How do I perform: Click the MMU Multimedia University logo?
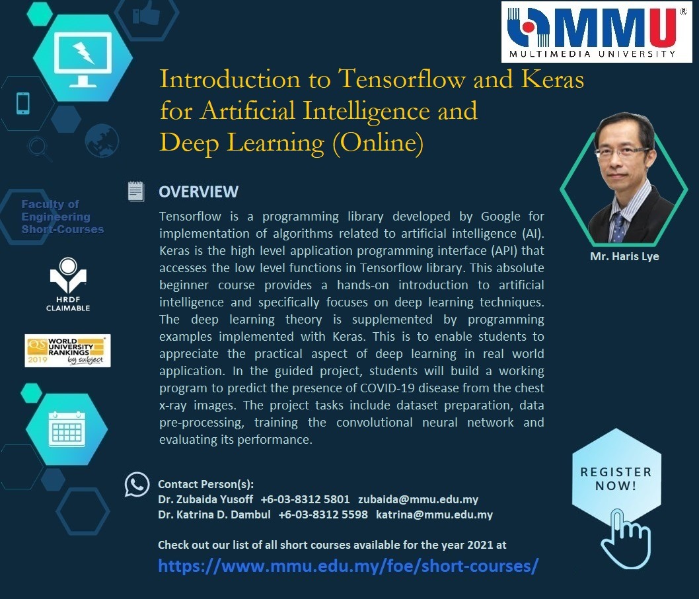pyautogui.click(x=597, y=32)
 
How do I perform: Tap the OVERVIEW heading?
pyautogui.click(x=198, y=192)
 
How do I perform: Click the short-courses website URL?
pyautogui.click(x=348, y=565)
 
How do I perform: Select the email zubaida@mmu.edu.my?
pyautogui.click(x=418, y=500)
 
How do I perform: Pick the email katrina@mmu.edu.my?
pyautogui.click(x=434, y=514)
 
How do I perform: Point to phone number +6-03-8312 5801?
pyautogui.click(x=305, y=500)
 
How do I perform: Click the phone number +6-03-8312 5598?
pyautogui.click(x=323, y=514)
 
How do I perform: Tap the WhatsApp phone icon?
pyautogui.click(x=137, y=485)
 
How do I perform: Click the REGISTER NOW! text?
pyautogui.click(x=616, y=479)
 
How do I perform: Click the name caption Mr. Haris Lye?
pyautogui.click(x=624, y=256)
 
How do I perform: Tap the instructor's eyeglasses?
pyautogui.click(x=622, y=151)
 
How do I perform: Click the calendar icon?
pyautogui.click(x=67, y=429)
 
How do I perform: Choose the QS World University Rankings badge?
pyautogui.click(x=67, y=351)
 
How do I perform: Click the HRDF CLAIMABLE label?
pyautogui.click(x=68, y=304)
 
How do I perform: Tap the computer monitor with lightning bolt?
pyautogui.click(x=83, y=59)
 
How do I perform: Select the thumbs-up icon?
pyautogui.click(x=146, y=14)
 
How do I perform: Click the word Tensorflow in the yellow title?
pyautogui.click(x=402, y=79)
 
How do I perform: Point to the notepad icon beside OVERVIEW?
pyautogui.click(x=135, y=192)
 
